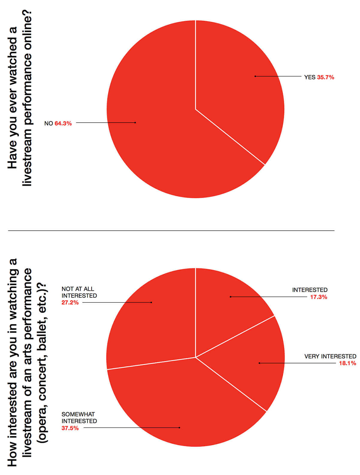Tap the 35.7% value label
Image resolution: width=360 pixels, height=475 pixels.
[x=325, y=77]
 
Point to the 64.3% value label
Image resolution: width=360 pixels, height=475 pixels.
[x=63, y=123]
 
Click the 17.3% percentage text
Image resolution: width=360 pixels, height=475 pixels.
[x=319, y=297]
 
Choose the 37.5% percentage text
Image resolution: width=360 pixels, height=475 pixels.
[x=70, y=428]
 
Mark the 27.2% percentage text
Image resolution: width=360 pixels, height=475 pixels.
[x=70, y=302]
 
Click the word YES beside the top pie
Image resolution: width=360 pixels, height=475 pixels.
[x=310, y=77]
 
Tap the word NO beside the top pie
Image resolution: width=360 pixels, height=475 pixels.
[x=49, y=123]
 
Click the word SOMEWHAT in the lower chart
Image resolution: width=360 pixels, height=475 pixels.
[x=78, y=414]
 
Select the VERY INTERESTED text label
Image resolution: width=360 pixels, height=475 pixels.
[x=330, y=356]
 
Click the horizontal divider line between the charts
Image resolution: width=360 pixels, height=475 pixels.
[x=171, y=230]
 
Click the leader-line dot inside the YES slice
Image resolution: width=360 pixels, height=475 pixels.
[x=255, y=76]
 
